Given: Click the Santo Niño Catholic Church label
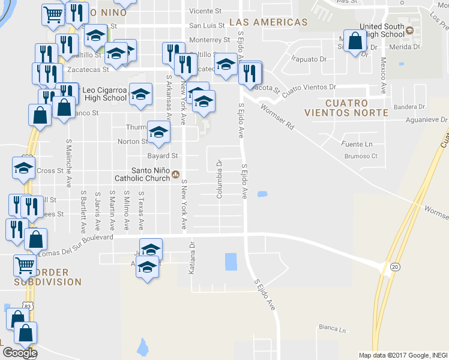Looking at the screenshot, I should coord(142,174).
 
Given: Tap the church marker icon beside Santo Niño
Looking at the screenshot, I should coord(175,175).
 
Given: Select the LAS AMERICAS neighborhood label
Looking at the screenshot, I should coord(268,22).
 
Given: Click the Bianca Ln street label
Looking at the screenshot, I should coord(333,329).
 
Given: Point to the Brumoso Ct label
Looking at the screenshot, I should coord(360,156).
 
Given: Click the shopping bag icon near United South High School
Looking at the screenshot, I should coord(355,41).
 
